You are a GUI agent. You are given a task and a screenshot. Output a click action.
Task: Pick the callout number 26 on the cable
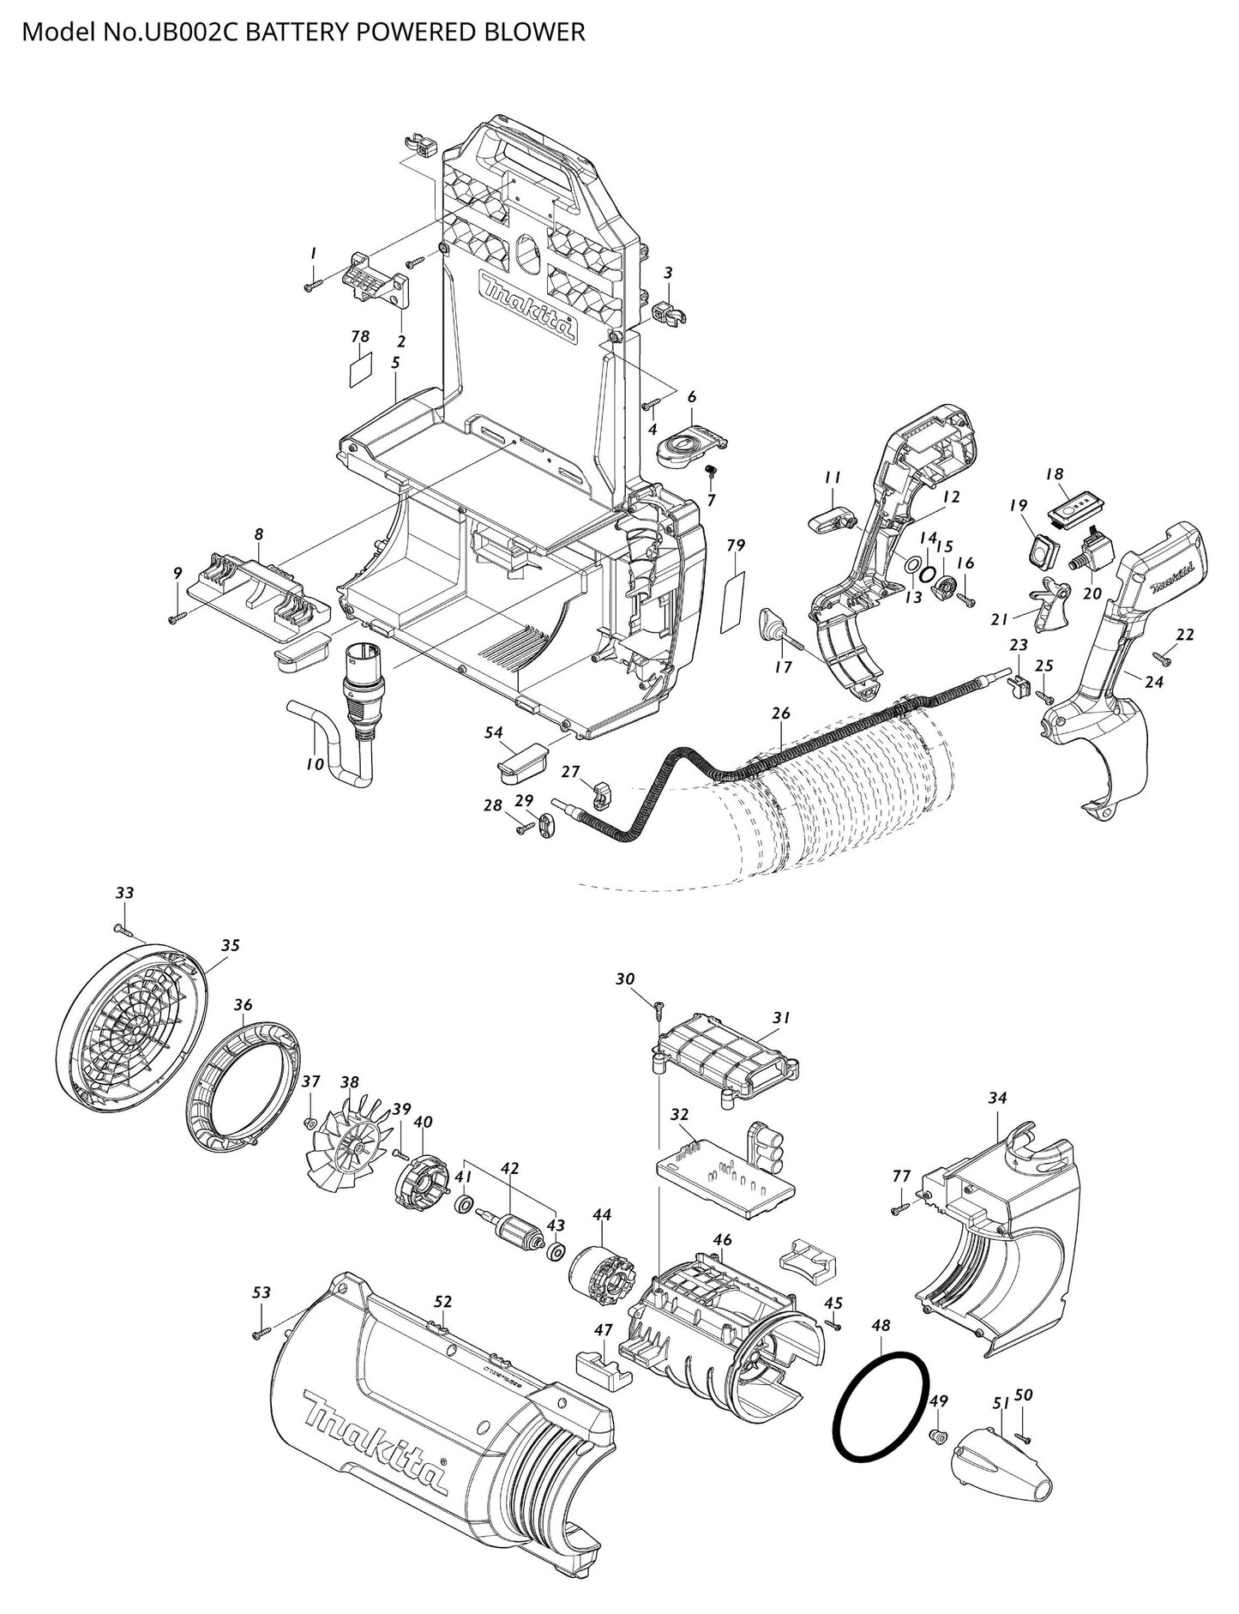click(780, 714)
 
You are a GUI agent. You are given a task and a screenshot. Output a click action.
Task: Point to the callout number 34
click(997, 1097)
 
